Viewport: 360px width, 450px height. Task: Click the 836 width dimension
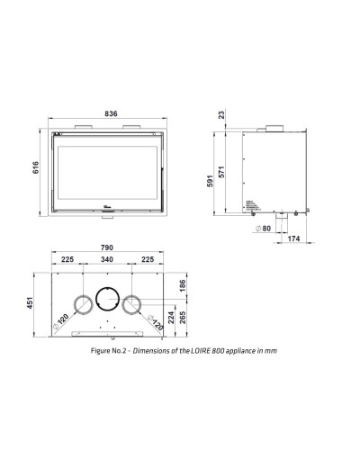point(111,113)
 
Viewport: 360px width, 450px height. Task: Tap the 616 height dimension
point(36,167)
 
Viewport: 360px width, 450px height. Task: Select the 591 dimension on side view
point(210,181)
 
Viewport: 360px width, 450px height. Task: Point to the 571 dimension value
point(221,172)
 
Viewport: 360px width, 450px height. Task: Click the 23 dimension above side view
point(221,114)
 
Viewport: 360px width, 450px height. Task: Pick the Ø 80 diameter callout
point(263,229)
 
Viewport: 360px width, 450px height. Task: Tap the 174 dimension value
point(293,238)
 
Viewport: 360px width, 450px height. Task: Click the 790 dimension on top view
point(107,247)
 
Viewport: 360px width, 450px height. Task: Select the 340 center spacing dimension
point(107,259)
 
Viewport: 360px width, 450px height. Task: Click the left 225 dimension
point(67,259)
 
